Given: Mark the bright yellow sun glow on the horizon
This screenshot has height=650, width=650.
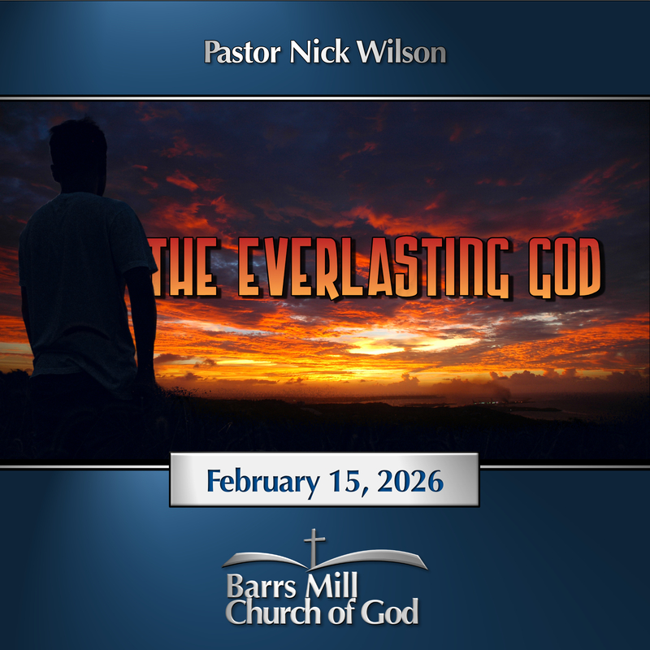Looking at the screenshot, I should (382, 345).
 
